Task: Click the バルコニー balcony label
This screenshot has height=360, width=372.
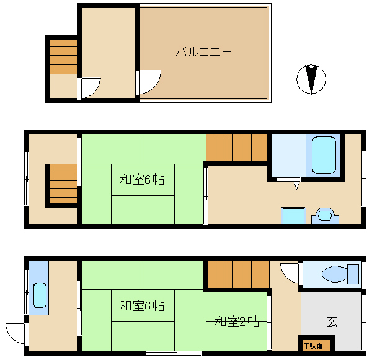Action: tap(203, 51)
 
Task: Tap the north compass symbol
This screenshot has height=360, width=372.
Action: tap(311, 79)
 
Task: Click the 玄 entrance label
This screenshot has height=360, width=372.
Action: tap(332, 322)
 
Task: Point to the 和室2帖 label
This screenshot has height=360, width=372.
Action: tap(237, 322)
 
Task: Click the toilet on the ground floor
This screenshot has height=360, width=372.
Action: tap(340, 274)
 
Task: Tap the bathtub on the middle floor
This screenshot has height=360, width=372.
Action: tap(324, 156)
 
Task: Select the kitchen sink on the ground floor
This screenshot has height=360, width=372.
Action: tap(40, 296)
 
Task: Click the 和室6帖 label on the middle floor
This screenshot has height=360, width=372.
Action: tap(142, 180)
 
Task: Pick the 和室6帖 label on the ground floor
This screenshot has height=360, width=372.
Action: tap(142, 305)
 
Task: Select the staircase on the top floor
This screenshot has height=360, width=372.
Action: tap(63, 56)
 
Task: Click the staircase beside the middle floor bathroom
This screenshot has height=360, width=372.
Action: tap(236, 147)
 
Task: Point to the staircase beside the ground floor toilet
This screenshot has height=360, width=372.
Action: tap(239, 274)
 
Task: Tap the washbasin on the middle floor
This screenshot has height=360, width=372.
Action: tap(325, 216)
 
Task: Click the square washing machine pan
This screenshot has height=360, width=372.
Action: tap(293, 216)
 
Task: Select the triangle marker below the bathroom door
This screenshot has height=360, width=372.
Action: tap(296, 185)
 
